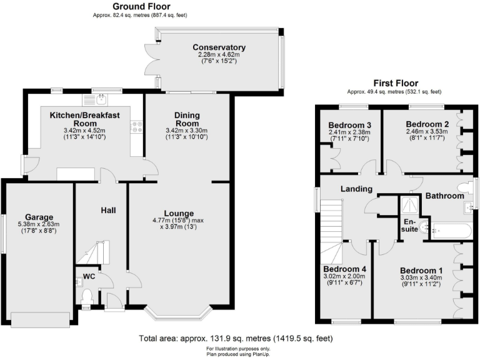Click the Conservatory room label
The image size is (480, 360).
(219, 47)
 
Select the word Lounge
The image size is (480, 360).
(179, 212)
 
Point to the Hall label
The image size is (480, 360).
(108, 210)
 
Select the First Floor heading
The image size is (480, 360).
(396, 83)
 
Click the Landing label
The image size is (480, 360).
(356, 189)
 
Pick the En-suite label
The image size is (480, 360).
(409, 226)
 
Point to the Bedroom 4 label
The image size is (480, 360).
(344, 269)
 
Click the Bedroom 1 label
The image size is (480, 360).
(422, 271)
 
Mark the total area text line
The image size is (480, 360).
(236, 338)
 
